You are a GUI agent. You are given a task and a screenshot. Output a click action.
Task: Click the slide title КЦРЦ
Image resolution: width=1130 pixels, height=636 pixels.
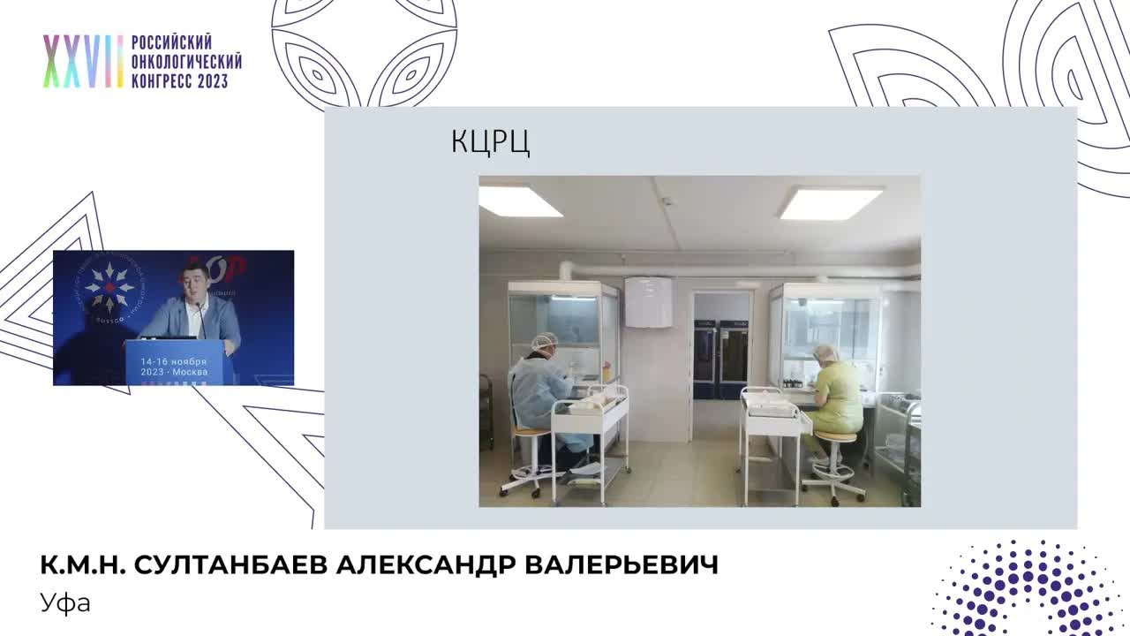coord(490,142)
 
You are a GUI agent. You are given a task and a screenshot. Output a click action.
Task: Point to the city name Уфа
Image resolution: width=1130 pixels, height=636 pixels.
coord(65,603)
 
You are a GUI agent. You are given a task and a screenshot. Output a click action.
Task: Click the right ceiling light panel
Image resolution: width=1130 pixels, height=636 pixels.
coord(831,202)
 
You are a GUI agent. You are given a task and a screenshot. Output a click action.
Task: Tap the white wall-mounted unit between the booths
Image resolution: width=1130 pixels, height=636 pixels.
coord(648,301)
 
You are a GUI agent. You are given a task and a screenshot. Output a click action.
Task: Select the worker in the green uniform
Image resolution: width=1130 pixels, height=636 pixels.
coord(835,397)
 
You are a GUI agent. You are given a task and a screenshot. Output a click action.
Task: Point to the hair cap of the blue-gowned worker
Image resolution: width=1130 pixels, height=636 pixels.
coord(545,341)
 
